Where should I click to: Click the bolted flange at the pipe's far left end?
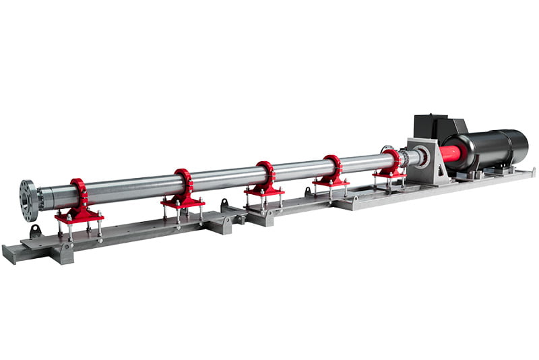tap(29, 200)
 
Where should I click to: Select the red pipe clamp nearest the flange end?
tap(80, 194)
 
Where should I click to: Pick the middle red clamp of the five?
tap(266, 174)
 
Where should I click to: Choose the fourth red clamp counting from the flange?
tap(333, 167)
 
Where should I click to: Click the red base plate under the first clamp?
tap(80, 216)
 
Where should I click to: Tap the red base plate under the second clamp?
tap(183, 202)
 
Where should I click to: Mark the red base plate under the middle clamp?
tap(264, 190)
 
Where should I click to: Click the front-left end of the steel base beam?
tap(9, 253)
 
